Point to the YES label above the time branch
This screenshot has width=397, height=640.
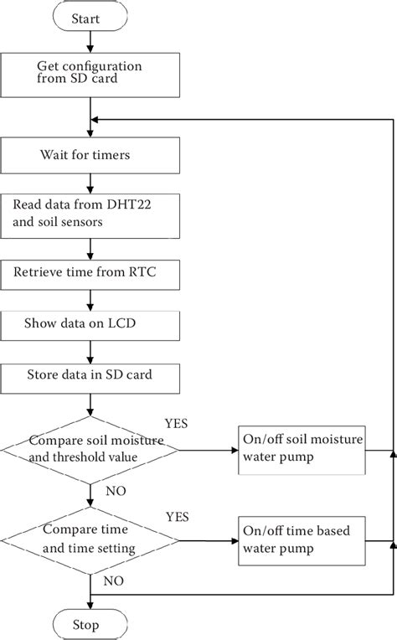(178, 516)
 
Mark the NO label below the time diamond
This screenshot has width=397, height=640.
(115, 581)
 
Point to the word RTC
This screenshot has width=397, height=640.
(147, 273)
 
